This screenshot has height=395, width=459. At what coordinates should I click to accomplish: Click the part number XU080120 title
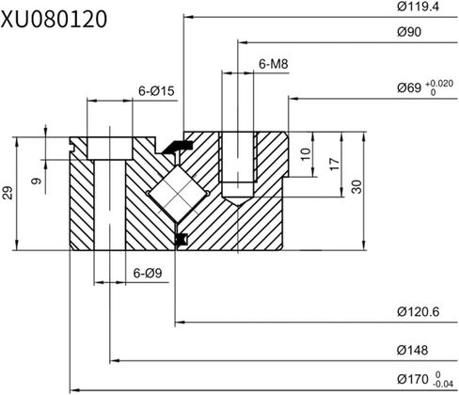tap(54, 18)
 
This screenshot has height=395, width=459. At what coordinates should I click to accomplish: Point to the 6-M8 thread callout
tap(273, 64)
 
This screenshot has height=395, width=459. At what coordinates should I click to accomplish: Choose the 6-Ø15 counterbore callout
tap(157, 91)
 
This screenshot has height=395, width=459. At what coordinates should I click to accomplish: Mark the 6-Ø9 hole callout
tap(150, 274)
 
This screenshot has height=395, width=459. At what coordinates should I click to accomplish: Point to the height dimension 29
tap(8, 193)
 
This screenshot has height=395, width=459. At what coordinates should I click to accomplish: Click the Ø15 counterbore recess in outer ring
tap(111, 146)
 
